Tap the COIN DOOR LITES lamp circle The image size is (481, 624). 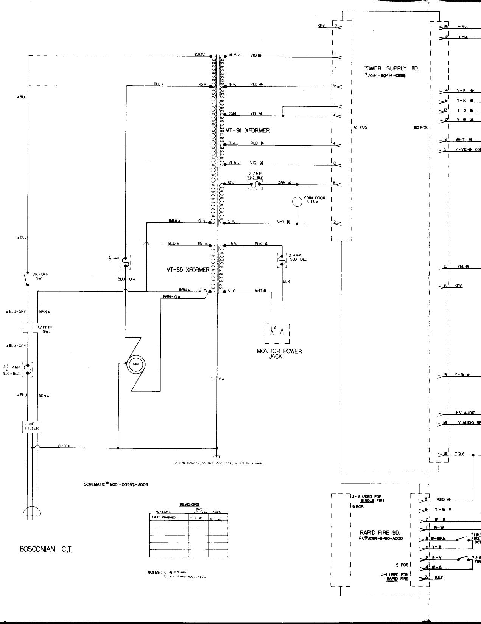pos(297,202)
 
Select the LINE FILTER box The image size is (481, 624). pos(32,427)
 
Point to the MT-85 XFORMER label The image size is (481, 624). pos(187,270)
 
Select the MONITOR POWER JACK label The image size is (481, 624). pos(279,354)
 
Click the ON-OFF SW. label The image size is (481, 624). pos(42,276)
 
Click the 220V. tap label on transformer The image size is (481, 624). pos(200,55)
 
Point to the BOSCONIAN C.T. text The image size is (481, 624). pos(46,549)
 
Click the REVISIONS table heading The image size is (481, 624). pos(189,504)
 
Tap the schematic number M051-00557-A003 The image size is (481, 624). pos(116,484)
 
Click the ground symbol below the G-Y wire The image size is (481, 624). pos(217,457)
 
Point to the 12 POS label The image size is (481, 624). pos(360,127)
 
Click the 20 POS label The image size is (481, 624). pos(420,127)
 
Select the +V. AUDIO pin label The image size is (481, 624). pos(465,413)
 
